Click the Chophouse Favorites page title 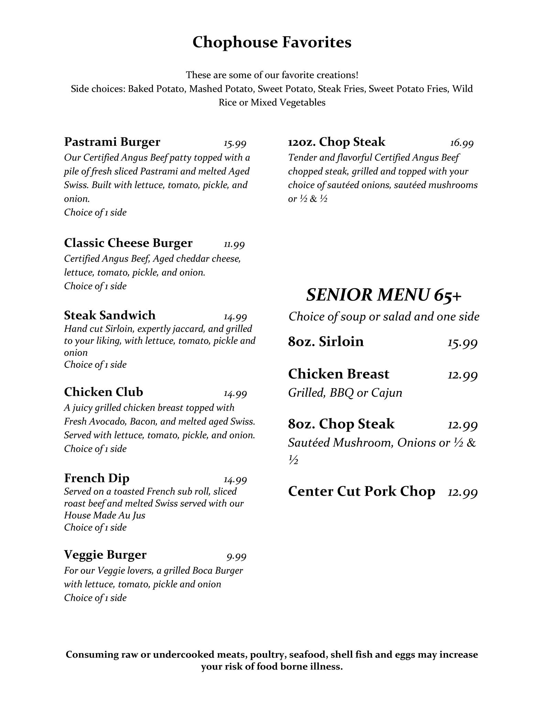tap(272, 43)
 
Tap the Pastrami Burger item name tap(112, 142)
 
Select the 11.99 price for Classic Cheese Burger tap(234, 245)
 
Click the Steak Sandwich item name tap(110, 315)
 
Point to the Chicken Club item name tap(104, 392)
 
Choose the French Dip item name tap(97, 478)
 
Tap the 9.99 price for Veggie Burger tap(236, 556)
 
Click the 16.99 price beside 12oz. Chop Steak tap(461, 143)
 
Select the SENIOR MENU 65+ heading tap(383, 295)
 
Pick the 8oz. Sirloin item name tap(326, 341)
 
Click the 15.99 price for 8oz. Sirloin tap(463, 343)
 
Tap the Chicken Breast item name tap(338, 374)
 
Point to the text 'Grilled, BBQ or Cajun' tap(345, 393)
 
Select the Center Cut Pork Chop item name tap(361, 491)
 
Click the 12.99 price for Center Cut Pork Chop tap(463, 493)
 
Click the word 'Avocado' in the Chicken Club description tap(111, 421)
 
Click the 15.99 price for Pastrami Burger tap(235, 143)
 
